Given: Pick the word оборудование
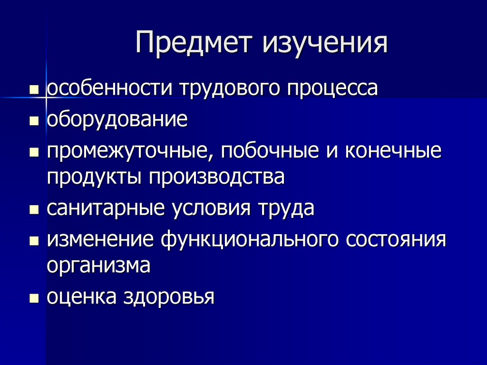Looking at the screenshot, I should [117, 119].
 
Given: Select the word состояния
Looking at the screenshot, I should [396, 238].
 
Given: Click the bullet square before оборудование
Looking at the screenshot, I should [33, 121].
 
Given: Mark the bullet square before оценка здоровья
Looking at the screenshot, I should [33, 298].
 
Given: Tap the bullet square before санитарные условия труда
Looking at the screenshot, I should [33, 210].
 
